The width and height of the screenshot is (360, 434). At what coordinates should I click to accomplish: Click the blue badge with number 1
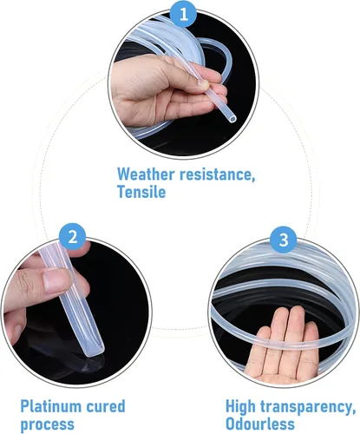coord(184,14)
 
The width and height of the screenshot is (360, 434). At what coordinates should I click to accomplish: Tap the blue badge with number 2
coord(73,237)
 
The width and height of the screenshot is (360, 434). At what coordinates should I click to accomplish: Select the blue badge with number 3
coord(284,240)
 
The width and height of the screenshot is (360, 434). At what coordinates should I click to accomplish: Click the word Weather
coord(146,174)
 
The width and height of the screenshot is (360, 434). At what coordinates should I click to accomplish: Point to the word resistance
coord(218,175)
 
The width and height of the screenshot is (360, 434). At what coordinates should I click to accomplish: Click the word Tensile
coord(141,192)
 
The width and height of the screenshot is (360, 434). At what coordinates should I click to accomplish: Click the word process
coord(48,424)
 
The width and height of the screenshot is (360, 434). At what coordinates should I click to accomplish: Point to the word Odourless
coord(260,424)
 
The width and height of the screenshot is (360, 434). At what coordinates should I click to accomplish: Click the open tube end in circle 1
coord(232,118)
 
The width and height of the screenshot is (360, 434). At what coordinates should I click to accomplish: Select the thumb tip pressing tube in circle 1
coord(203,84)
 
